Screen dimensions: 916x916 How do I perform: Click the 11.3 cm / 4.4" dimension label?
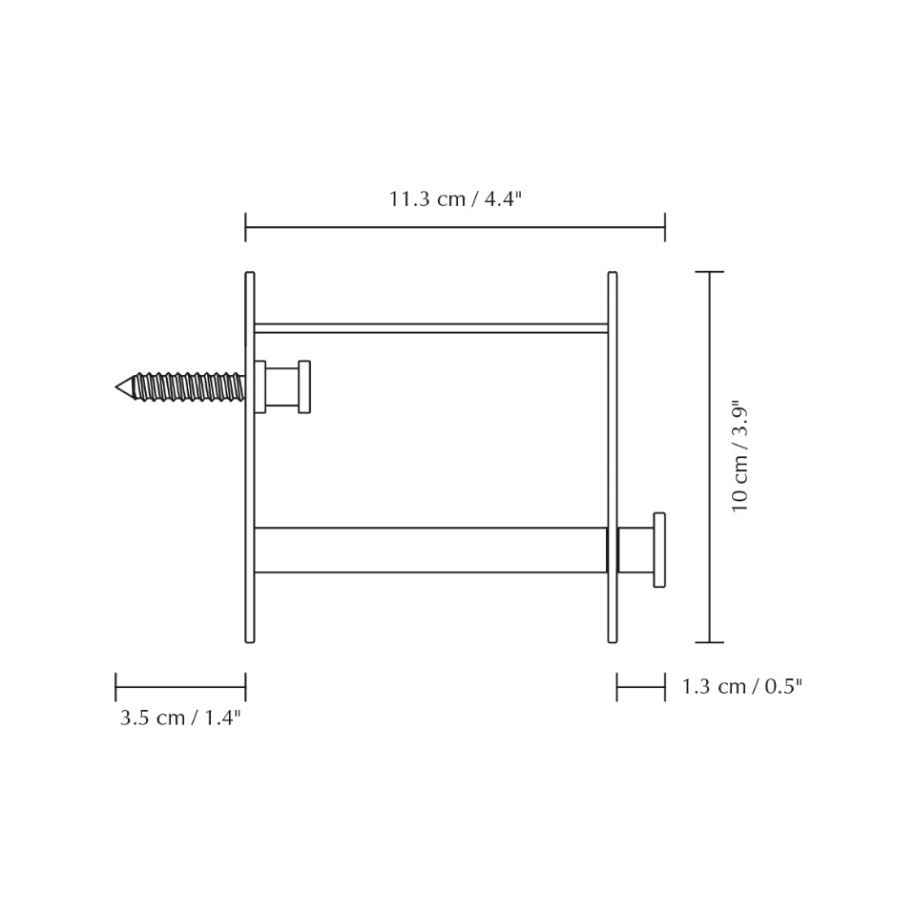(455, 199)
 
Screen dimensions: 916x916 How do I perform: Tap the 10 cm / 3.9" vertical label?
(739, 456)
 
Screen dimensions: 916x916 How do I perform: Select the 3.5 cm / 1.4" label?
(180, 718)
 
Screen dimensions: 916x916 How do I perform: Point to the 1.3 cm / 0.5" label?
(742, 686)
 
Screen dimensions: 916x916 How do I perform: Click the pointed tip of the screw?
(116, 386)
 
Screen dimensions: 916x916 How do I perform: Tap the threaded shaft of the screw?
(189, 386)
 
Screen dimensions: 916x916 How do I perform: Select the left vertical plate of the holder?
(250, 457)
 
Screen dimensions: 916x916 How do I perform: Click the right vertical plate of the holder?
(613, 457)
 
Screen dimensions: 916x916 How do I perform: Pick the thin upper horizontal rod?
(431, 328)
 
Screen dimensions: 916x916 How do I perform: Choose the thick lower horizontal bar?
(431, 550)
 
